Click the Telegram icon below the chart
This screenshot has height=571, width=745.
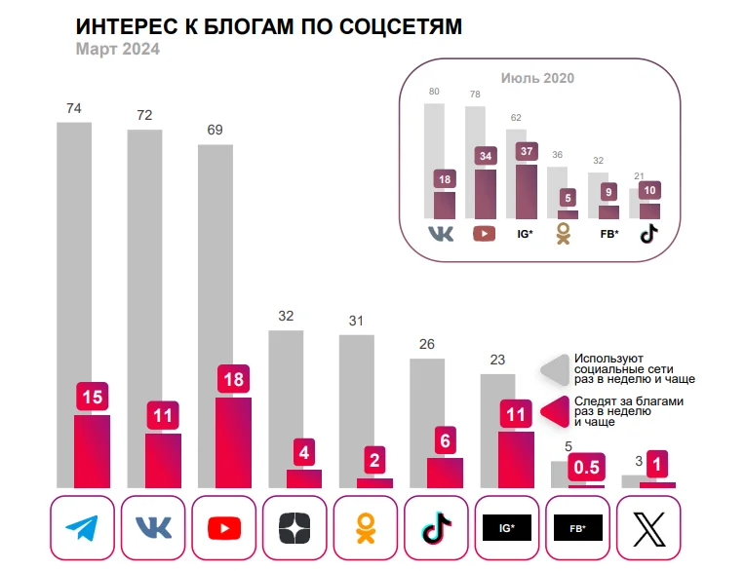coord(82,528)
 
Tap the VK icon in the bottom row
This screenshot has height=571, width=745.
coord(153,528)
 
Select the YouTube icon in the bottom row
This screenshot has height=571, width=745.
coord(224,528)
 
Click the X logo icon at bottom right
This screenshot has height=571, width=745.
coord(647,528)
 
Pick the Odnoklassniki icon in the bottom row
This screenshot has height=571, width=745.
coord(365,528)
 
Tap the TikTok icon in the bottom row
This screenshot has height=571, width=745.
coord(436,528)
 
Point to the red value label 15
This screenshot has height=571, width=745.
coord(92,397)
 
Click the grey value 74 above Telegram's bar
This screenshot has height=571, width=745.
coord(73,109)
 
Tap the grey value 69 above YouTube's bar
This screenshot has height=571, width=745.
coord(215,130)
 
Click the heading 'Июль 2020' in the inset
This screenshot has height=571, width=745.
coord(537,79)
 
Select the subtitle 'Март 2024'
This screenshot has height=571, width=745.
coord(117,50)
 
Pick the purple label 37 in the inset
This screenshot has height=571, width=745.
coord(528,151)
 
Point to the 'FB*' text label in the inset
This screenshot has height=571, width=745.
coord(608,234)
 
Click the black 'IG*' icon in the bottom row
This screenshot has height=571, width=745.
coord(506,528)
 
